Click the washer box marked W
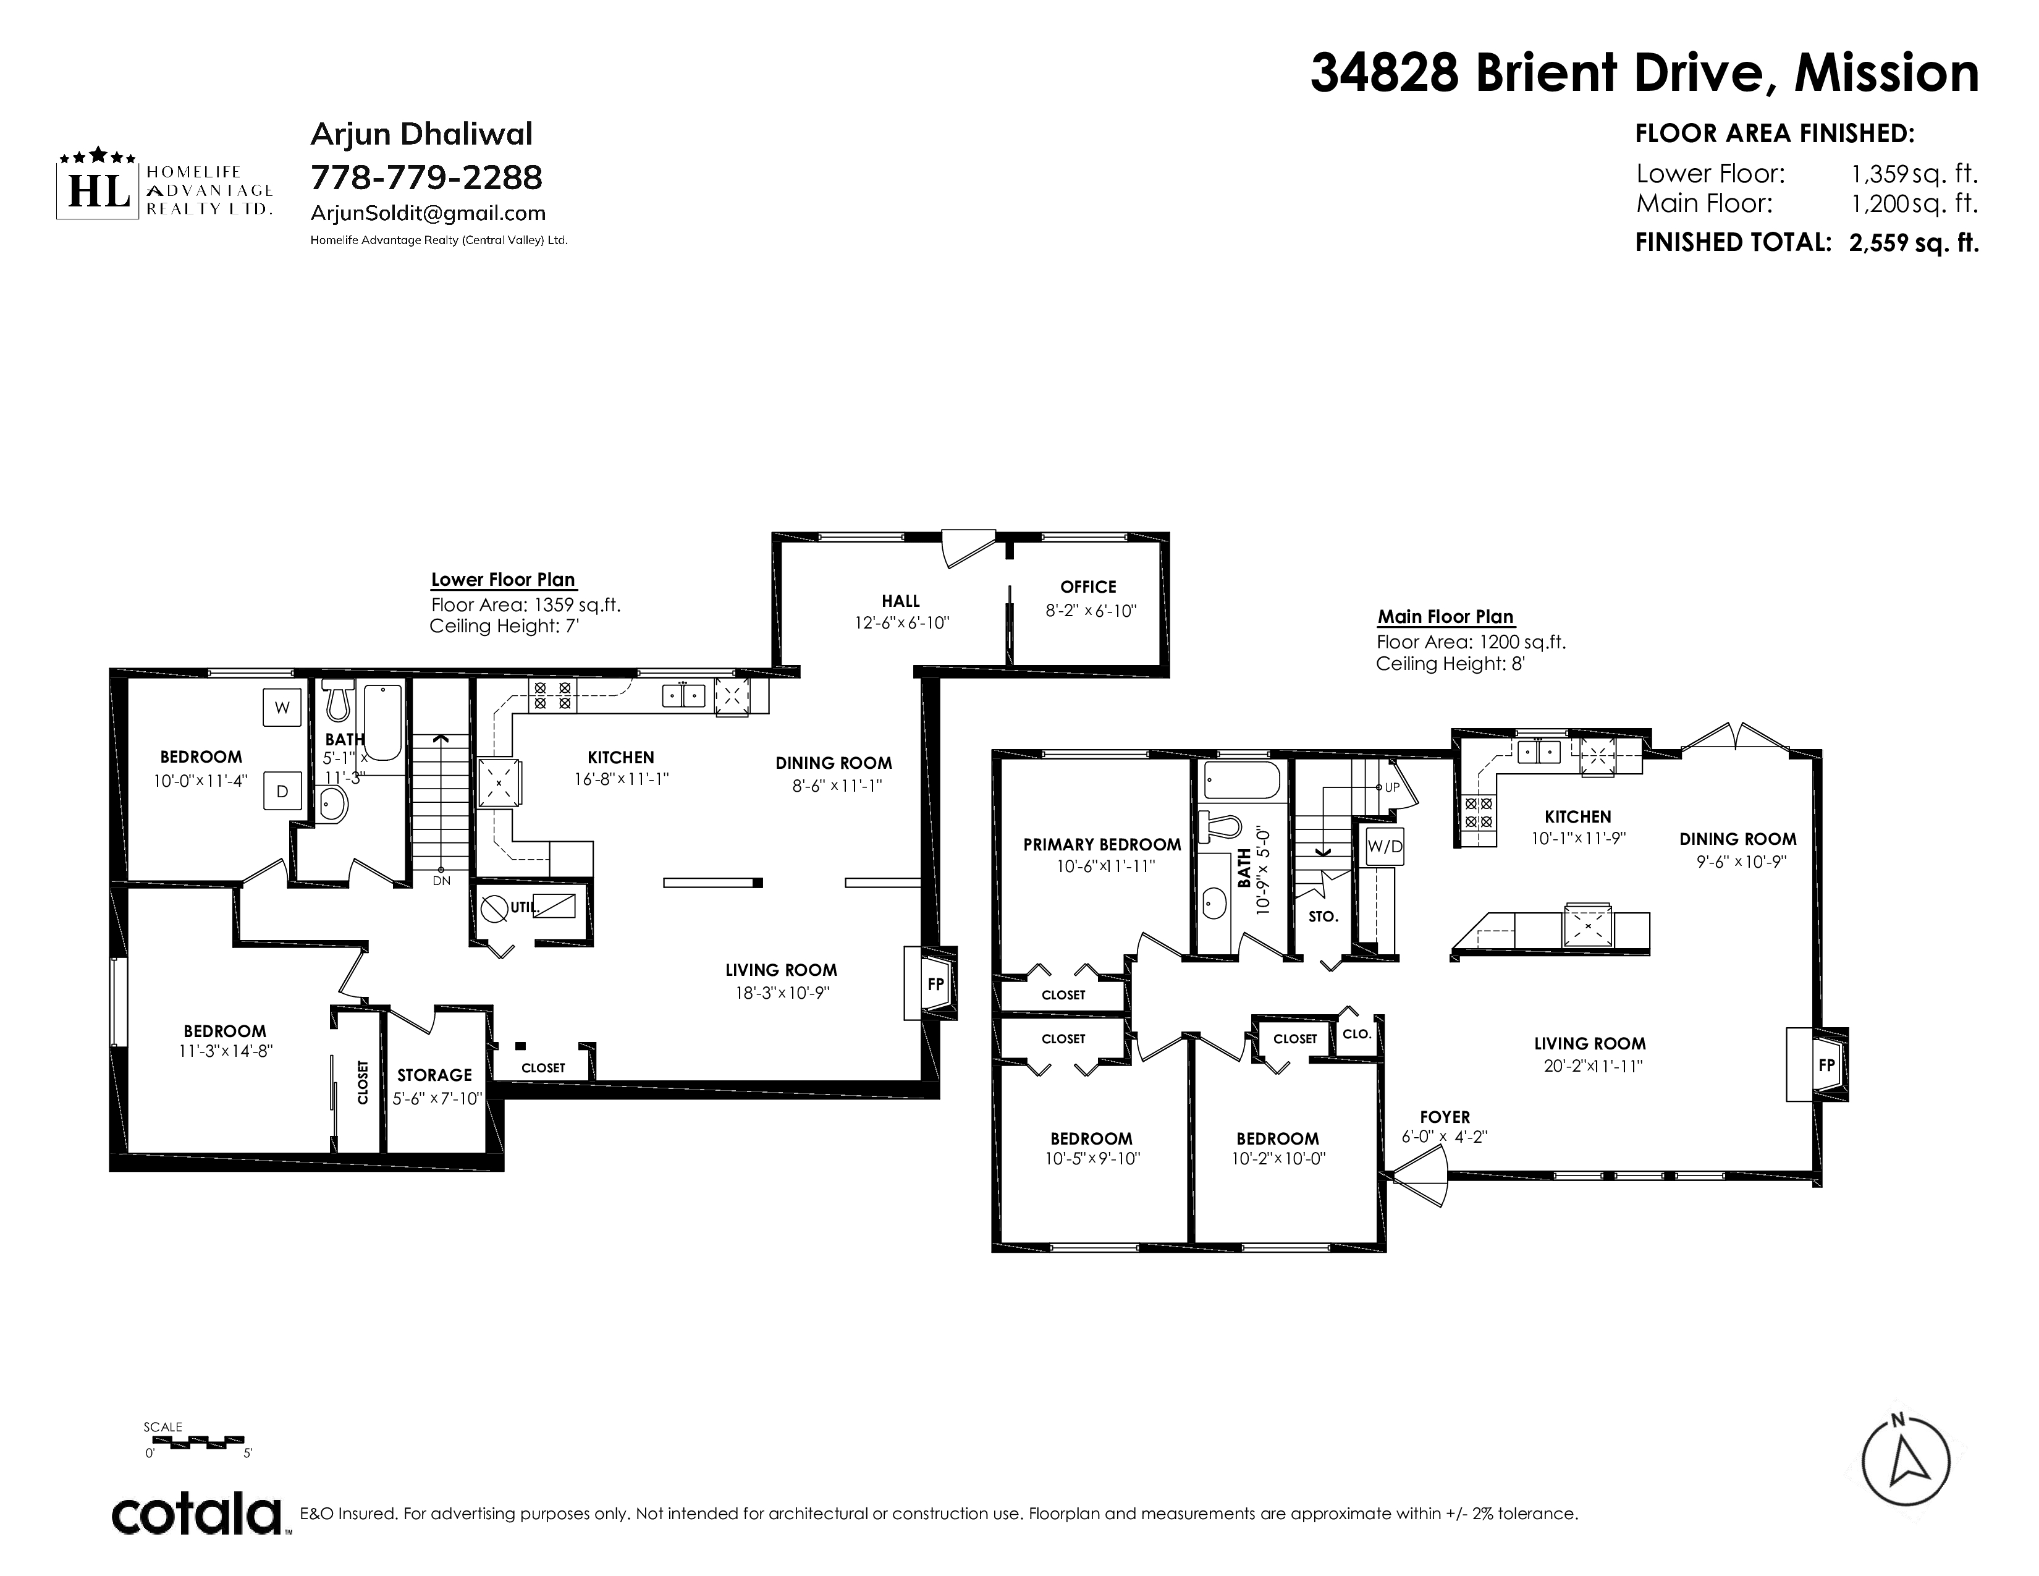(x=282, y=708)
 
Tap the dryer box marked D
(x=282, y=792)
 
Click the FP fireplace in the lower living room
(x=930, y=983)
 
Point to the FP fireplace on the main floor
(x=1817, y=1064)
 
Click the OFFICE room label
(x=1089, y=587)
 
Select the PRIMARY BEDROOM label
(x=1102, y=845)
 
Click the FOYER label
(x=1445, y=1117)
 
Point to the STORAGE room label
(x=434, y=1075)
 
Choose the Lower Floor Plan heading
(x=503, y=580)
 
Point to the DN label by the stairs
(x=442, y=881)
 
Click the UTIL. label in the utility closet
(x=524, y=907)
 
